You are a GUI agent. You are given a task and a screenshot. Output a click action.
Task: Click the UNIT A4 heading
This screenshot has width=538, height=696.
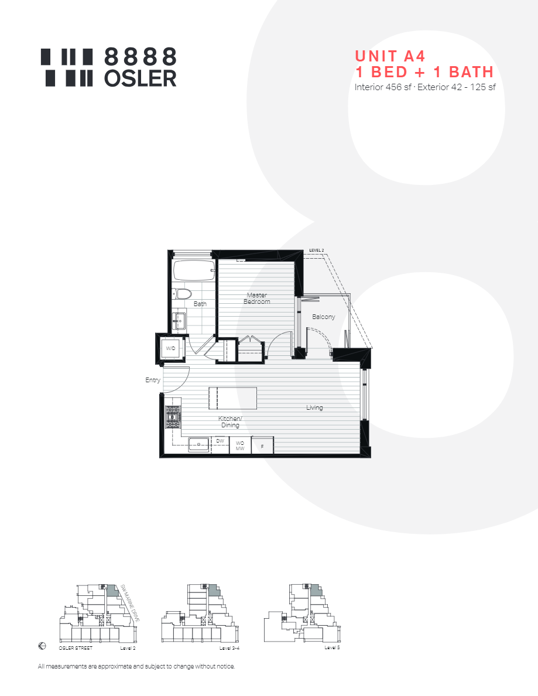[x=390, y=56]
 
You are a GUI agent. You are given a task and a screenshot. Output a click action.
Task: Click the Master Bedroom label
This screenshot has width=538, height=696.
[x=257, y=299]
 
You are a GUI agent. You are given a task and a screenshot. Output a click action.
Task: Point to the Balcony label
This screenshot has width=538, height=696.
[x=324, y=317]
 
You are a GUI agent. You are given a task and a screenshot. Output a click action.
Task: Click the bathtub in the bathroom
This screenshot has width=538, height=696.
[x=195, y=271]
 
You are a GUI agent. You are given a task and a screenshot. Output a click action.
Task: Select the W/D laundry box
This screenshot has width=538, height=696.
[x=171, y=348]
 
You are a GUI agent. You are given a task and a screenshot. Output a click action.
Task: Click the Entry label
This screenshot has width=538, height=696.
[x=153, y=380]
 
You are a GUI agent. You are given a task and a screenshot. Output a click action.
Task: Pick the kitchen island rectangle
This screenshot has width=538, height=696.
[x=232, y=398]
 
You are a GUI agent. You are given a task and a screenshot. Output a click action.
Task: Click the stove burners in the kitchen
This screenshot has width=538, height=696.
[x=173, y=418]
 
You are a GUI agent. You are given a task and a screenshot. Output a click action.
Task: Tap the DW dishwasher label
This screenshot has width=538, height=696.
[x=220, y=441]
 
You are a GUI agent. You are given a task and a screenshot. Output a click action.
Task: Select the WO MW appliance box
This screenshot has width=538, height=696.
[x=240, y=445]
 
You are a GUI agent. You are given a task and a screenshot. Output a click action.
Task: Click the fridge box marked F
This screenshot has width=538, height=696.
[x=262, y=446]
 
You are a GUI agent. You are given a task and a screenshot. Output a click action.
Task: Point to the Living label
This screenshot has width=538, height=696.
[x=314, y=407]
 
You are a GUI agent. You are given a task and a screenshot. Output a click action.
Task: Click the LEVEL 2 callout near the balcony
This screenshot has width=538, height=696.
[x=316, y=251]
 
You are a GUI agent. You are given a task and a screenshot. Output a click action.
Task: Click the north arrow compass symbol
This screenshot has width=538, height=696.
[x=42, y=646]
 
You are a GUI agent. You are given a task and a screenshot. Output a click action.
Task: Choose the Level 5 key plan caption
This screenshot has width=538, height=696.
[x=332, y=647]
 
